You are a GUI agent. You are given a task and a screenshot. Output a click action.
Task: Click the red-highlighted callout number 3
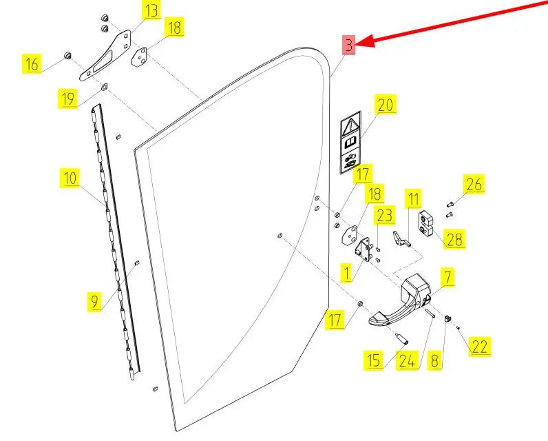click(x=350, y=45)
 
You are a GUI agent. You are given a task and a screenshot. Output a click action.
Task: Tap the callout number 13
click(x=151, y=11)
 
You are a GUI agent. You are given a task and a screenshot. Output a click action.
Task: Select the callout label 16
click(x=32, y=65)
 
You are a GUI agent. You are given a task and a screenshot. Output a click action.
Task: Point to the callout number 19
click(x=67, y=99)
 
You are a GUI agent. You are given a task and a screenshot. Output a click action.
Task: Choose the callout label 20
click(x=386, y=105)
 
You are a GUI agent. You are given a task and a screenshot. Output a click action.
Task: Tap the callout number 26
click(x=474, y=184)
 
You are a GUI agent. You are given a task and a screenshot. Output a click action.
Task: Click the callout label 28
click(x=454, y=239)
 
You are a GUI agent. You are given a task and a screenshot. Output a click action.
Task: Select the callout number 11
click(x=413, y=201)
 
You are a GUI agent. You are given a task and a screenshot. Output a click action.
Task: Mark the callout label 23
click(x=384, y=216)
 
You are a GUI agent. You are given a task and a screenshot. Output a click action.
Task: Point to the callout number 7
click(x=447, y=278)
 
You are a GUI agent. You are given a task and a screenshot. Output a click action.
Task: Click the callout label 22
click(x=480, y=347)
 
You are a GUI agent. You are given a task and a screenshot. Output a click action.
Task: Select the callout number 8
click(x=434, y=360)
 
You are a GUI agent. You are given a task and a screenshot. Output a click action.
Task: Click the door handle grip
click(x=392, y=316)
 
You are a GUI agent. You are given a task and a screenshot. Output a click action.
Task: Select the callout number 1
click(x=346, y=274)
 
